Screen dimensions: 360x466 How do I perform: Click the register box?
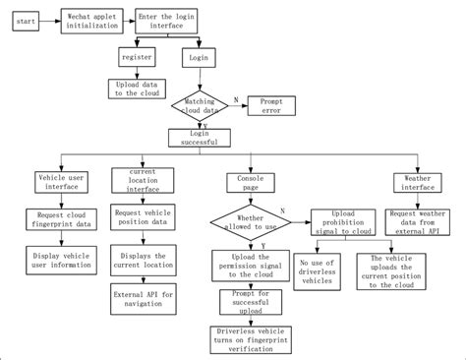click(135, 57)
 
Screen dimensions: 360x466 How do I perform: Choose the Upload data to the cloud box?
click(135, 89)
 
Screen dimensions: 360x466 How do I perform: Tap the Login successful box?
click(200, 138)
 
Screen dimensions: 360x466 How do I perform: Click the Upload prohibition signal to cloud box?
click(344, 220)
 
